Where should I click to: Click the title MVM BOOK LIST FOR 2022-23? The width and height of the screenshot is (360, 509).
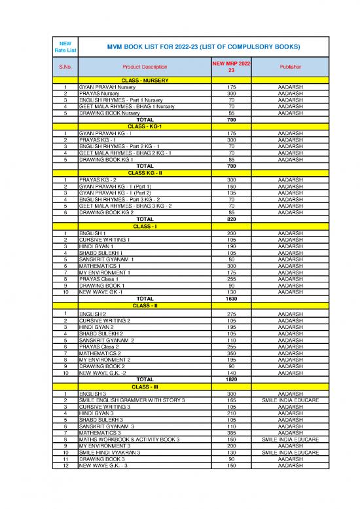tap(194, 47)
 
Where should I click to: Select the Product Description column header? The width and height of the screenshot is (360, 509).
tap(144, 67)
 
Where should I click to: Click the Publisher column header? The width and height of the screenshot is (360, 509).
tap(289, 67)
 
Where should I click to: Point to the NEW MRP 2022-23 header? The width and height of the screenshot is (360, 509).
tap(231, 67)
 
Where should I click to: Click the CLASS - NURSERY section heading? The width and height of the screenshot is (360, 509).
tap(144, 81)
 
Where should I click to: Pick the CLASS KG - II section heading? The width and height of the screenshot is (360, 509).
tap(144, 173)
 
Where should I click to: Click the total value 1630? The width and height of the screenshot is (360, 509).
tap(231, 299)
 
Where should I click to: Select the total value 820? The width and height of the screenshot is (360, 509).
tap(231, 219)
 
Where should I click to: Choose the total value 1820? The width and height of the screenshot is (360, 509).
tap(231, 379)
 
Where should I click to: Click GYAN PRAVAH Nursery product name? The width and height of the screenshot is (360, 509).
tap(107, 86)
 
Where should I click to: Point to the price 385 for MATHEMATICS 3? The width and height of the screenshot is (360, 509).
tap(231, 433)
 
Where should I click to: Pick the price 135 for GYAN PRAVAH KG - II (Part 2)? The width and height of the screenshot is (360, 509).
tap(231, 193)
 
